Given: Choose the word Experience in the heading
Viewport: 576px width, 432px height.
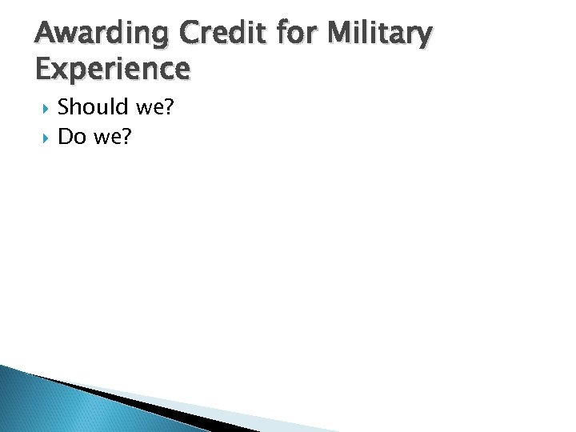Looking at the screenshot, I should click(113, 69).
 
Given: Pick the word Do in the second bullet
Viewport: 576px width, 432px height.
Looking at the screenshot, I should click(71, 138).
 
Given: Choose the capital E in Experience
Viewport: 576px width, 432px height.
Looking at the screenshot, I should click(46, 69).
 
